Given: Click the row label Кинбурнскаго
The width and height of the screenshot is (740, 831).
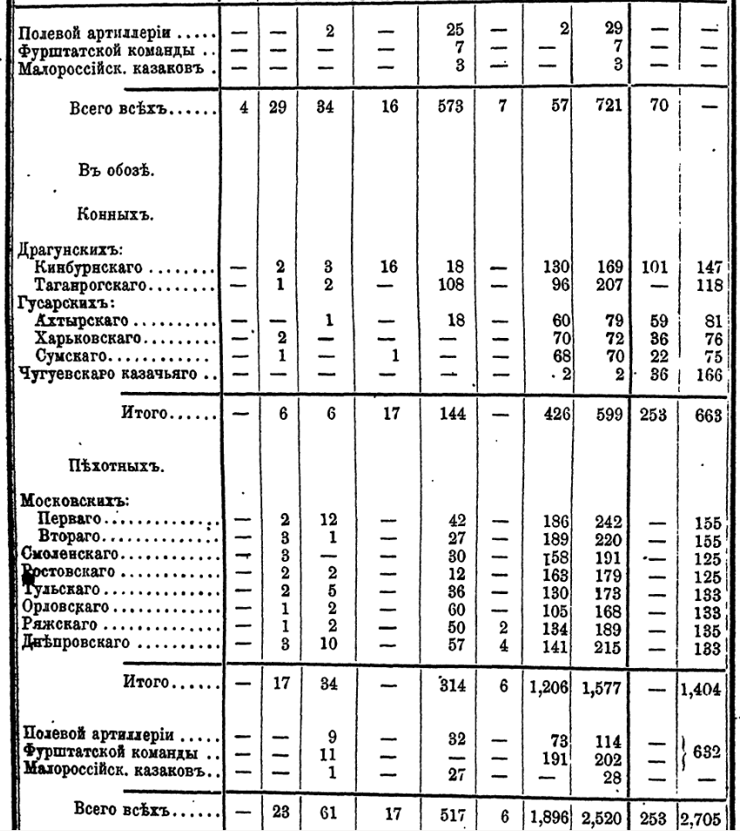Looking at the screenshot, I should (x=86, y=269).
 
